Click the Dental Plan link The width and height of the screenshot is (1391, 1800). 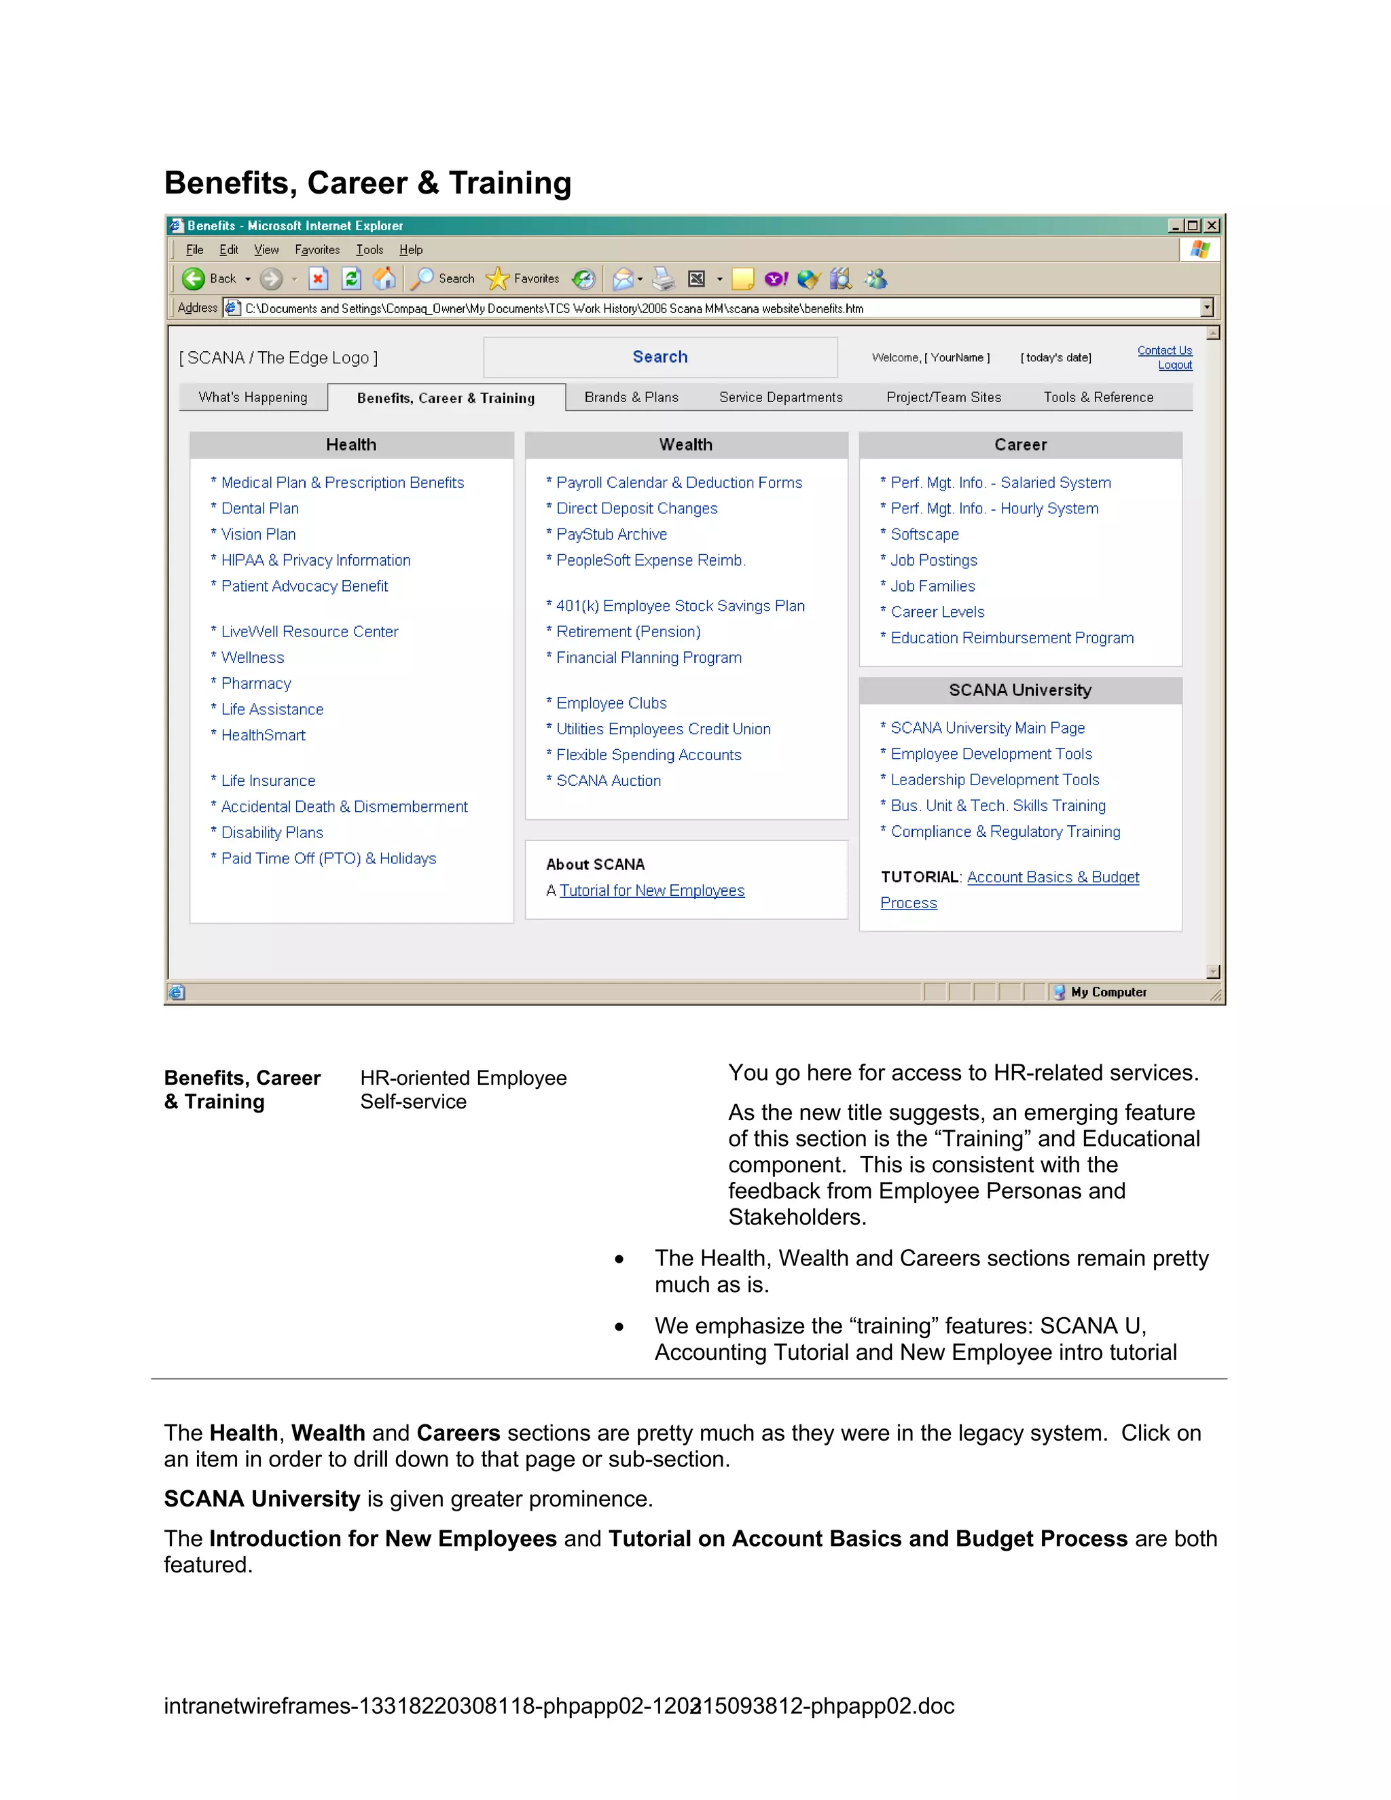pos(259,509)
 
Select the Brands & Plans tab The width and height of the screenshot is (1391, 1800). pos(631,397)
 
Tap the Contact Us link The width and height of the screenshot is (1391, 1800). pos(1163,350)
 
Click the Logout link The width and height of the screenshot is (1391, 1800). pos(1174,365)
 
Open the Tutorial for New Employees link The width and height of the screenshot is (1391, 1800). pos(652,891)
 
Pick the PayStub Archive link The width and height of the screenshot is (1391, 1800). pos(611,534)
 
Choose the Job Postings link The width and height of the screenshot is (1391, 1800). pos(934,560)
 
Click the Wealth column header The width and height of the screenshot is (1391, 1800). pos(685,445)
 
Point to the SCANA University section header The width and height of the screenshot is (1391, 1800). pos(1019,691)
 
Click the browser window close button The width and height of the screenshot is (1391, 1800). pos(1212,226)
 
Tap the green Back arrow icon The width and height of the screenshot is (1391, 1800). pos(194,279)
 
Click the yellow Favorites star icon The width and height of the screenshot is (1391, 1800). pos(498,279)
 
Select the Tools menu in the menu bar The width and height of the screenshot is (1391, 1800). pos(369,250)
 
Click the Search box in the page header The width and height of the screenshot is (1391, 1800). pos(660,357)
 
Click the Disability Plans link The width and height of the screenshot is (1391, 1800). pos(272,833)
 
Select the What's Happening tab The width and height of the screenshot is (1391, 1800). pos(253,397)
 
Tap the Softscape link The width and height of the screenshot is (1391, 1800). pos(924,534)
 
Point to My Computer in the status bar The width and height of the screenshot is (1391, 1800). pos(1108,992)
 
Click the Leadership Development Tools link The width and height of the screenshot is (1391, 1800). pos(994,780)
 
